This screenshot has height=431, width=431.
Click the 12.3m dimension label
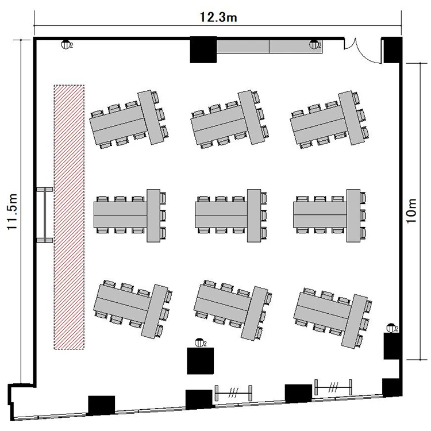218,17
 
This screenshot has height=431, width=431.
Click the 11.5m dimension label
13,211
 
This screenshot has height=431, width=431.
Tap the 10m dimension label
411,211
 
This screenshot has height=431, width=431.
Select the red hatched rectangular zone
69,217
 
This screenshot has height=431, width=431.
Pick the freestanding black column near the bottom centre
201,361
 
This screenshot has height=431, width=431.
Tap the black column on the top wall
203,49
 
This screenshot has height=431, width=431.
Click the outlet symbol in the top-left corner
66,44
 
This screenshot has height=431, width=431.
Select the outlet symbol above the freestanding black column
200,343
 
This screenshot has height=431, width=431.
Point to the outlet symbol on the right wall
391,328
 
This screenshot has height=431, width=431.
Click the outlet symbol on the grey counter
314,44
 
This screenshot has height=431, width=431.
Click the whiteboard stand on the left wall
44,215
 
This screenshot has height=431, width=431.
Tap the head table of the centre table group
254,215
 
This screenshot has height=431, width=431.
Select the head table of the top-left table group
151,117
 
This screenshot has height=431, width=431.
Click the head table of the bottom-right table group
355,322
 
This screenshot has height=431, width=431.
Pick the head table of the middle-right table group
353,215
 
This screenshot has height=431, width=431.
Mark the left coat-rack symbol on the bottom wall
233,393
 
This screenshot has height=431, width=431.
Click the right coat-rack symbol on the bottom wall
333,387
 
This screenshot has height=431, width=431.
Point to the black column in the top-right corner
392,50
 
